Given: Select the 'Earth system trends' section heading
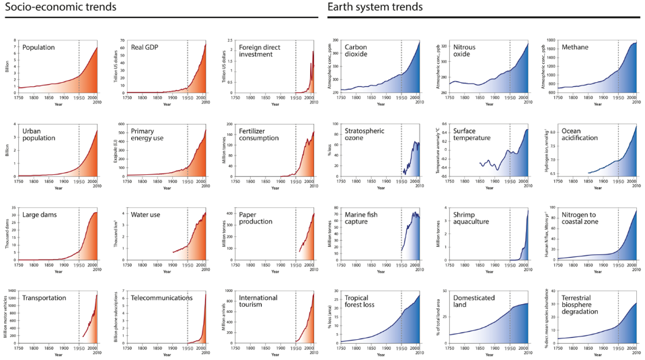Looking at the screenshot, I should tap(375, 7).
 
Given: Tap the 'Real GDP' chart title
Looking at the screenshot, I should tap(146, 48).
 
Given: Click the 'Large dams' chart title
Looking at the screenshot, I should tap(42, 215).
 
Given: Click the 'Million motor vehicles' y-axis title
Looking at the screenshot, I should tap(6, 317).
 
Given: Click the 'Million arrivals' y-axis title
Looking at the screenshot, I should tap(224, 317).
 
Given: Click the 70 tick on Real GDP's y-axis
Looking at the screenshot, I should tap(123, 41).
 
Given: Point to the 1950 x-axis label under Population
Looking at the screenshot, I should tap(79, 98).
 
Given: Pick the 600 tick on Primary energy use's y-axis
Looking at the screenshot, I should tap(122, 124).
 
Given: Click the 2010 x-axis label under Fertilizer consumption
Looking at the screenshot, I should tap(313, 186).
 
